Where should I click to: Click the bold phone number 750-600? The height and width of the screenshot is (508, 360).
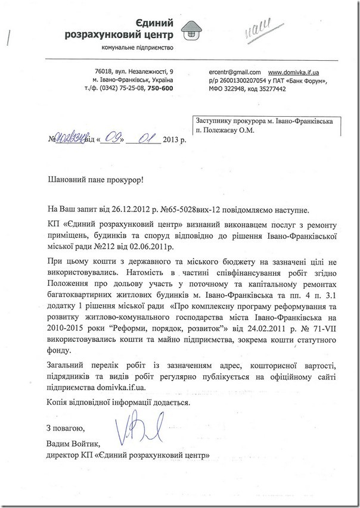pos(160,89)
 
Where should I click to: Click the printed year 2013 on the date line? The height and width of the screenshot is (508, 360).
pos(172,141)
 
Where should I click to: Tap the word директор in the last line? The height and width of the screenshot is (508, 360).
pos(63,455)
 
